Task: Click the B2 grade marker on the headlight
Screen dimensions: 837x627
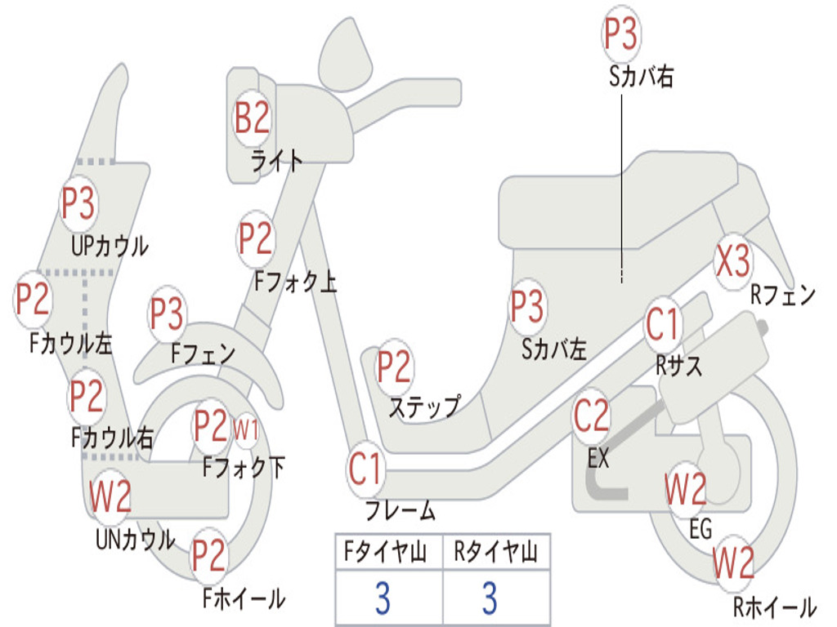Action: coord(253,118)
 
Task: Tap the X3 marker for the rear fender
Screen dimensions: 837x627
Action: coord(733,260)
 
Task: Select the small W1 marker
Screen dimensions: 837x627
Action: coord(245,429)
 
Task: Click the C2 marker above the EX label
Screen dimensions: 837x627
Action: coord(592,416)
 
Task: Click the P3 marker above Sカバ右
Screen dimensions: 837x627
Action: coord(621,33)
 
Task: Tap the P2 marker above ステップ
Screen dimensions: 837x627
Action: coord(395,367)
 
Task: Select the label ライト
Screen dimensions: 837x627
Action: coord(277,161)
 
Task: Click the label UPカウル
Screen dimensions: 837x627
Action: coord(110,246)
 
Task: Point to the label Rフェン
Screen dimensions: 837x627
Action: coord(783,295)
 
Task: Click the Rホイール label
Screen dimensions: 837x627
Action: coord(775,607)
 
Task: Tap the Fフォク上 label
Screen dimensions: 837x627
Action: coord(296,281)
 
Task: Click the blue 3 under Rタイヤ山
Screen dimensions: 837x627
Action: coord(490,598)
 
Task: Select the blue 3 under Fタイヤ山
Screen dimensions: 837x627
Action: coord(383,598)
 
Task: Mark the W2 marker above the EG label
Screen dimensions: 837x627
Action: coord(686,489)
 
